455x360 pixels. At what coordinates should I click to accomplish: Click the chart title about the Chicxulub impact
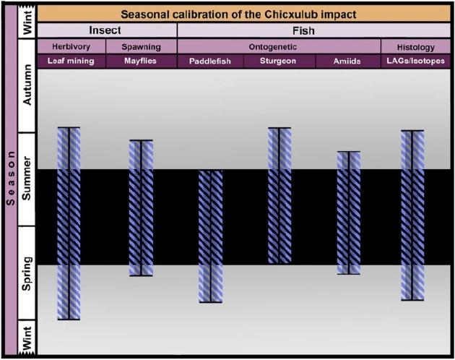238,14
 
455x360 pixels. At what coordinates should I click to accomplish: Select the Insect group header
105,30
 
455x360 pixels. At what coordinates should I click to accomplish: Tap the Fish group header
303,30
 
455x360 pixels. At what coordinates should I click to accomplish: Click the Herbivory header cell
71,46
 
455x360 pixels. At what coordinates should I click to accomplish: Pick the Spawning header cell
141,47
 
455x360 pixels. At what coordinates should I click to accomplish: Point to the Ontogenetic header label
273,47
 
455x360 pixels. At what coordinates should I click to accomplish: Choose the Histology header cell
415,48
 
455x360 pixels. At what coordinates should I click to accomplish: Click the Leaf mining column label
71,61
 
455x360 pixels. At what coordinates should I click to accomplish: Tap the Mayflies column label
140,61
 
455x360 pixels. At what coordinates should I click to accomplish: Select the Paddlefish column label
209,61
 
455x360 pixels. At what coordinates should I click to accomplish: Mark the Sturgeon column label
278,61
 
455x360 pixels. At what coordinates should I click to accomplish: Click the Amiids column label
347,61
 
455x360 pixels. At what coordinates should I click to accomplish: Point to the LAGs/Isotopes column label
415,61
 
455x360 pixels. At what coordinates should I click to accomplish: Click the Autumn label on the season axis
27,85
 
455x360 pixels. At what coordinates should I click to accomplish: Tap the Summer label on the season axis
27,178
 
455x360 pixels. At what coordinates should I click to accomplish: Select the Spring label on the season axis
27,273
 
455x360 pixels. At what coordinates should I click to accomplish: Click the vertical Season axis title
11,178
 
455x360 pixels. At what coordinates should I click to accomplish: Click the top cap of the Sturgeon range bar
279,128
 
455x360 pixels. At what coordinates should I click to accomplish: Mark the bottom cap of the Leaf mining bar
69,320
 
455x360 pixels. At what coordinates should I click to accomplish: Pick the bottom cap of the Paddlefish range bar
211,302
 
